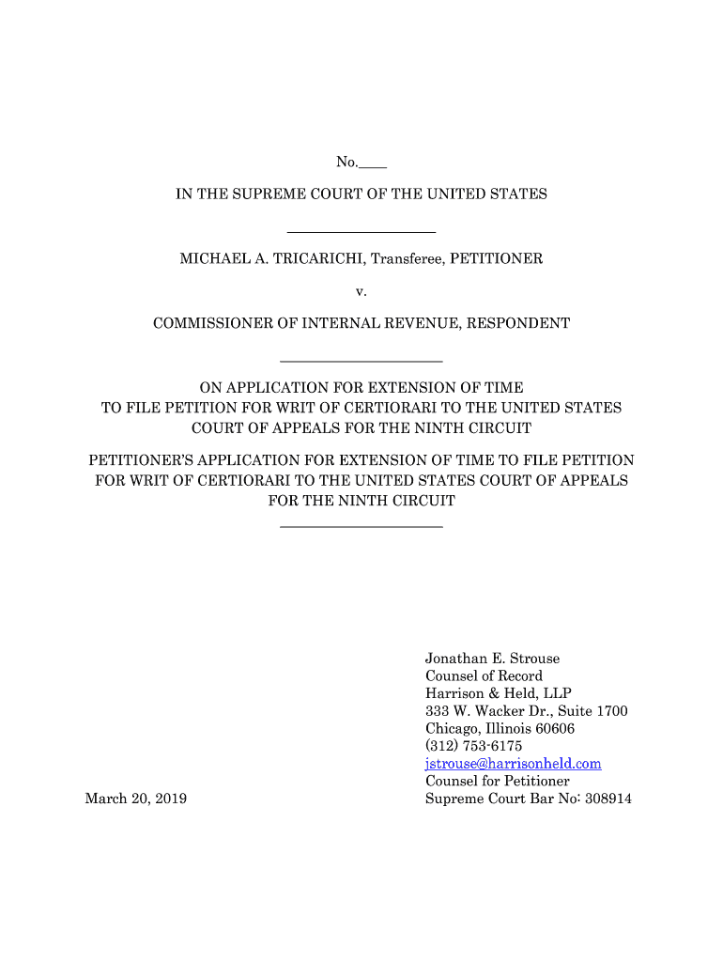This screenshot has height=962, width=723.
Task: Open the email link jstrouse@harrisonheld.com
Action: point(513,764)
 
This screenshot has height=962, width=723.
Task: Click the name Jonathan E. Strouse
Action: point(492,659)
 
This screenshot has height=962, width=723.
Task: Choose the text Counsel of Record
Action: point(484,676)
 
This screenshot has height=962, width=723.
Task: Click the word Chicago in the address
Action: point(453,729)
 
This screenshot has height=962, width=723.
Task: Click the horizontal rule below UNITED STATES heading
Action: point(361,231)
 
